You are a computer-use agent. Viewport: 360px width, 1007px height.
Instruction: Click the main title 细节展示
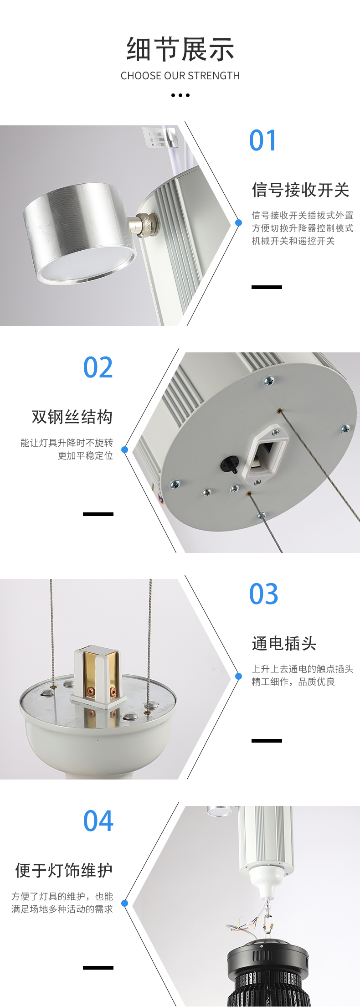pos(180,49)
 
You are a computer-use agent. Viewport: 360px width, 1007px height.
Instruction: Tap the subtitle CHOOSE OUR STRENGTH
pos(180,76)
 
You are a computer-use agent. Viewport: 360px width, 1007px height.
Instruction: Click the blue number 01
pos(263,140)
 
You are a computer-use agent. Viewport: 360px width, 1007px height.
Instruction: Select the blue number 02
pos(98,367)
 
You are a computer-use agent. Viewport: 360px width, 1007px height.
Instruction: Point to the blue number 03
pos(263,594)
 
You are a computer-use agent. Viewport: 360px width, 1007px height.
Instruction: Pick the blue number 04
pos(98,821)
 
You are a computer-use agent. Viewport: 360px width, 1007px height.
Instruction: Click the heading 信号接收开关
pos(300,190)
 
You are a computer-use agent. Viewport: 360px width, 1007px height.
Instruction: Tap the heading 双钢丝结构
pos(72,417)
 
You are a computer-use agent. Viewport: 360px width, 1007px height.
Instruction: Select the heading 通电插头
pos(284,643)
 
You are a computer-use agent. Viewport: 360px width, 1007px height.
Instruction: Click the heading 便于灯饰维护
pos(64,870)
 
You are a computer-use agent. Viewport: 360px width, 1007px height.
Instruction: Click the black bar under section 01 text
pos(267,287)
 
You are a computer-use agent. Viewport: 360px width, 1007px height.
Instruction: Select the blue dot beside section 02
pos(124,449)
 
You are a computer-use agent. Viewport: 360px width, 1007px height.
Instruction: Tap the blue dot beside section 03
pos(238,676)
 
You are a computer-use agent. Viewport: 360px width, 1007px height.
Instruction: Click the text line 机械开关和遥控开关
pos(293,241)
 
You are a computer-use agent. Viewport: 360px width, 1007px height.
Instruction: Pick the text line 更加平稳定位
pos(85,456)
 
